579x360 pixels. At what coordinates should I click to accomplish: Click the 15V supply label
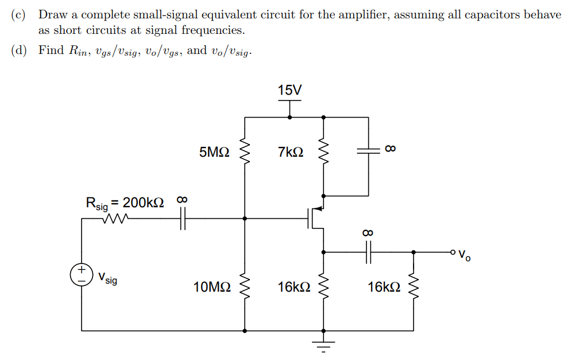tap(289, 90)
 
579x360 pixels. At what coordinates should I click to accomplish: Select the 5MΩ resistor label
tap(215, 152)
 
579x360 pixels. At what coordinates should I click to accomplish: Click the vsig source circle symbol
tap(82, 274)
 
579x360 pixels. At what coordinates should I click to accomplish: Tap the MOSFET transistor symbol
tap(316, 217)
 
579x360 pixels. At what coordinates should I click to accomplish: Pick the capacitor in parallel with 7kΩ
tap(368, 150)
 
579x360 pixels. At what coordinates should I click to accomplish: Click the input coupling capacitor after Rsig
tap(183, 218)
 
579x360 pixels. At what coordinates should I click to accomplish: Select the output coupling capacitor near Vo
tap(368, 251)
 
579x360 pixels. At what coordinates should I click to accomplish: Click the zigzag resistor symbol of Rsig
tap(117, 218)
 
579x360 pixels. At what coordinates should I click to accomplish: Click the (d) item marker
tap(20, 51)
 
